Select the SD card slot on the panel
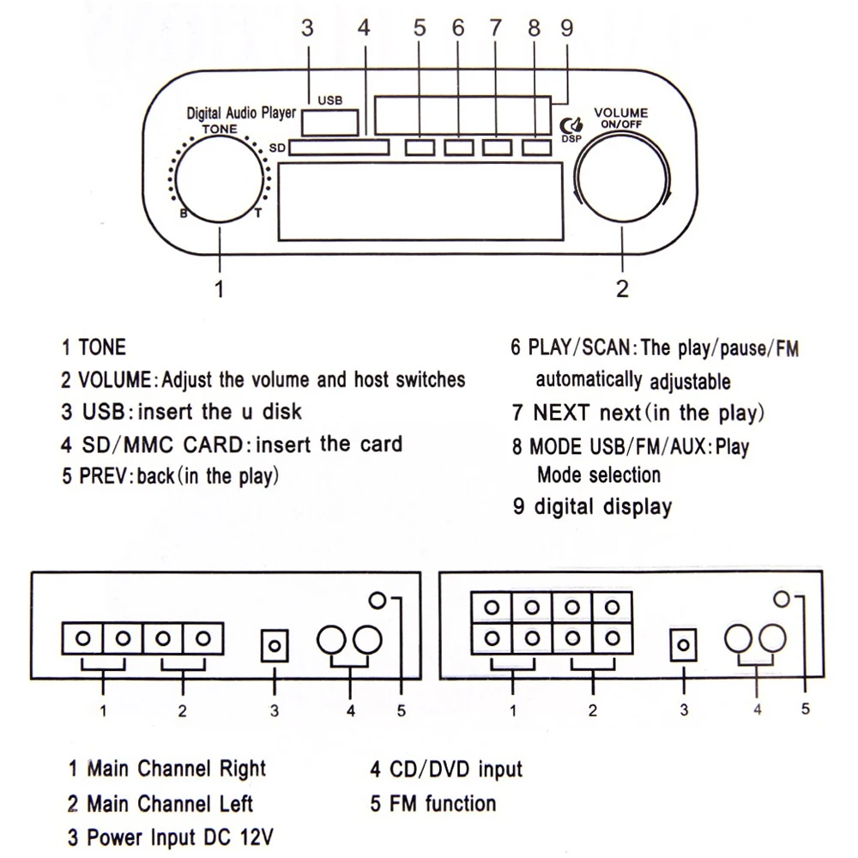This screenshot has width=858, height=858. point(338,148)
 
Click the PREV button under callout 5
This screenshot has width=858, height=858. point(420,148)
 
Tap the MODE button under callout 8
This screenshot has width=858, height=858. point(535,148)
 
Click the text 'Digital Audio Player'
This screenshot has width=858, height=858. point(241,113)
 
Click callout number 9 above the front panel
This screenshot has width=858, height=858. point(565,27)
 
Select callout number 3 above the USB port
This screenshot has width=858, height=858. point(307,27)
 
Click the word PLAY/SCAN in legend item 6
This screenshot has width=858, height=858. point(581,348)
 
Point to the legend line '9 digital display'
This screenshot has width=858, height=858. point(592,506)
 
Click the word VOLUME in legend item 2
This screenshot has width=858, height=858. point(115,379)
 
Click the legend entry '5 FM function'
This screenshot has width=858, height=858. point(433,804)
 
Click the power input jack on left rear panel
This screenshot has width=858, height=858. point(274,643)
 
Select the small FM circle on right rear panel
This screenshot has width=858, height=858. point(780,599)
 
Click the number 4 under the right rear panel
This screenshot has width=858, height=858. point(757,710)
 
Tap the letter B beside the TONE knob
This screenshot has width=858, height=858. point(183,214)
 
